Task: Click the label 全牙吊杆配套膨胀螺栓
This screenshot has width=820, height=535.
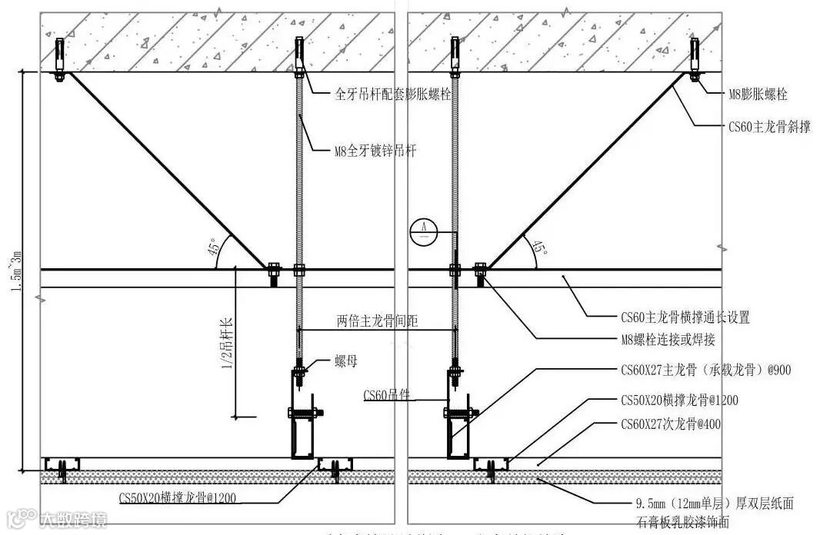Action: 394,95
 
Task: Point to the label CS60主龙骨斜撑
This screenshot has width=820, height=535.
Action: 769,127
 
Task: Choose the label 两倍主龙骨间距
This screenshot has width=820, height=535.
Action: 377,321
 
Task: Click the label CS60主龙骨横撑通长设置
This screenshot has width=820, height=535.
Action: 685,317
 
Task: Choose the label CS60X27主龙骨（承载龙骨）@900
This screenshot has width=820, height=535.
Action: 705,371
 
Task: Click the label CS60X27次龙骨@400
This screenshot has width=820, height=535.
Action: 670,424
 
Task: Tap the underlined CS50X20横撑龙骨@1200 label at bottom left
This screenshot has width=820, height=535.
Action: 177,498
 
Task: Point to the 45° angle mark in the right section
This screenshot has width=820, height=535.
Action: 540,247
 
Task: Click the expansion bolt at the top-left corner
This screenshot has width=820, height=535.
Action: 59,61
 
